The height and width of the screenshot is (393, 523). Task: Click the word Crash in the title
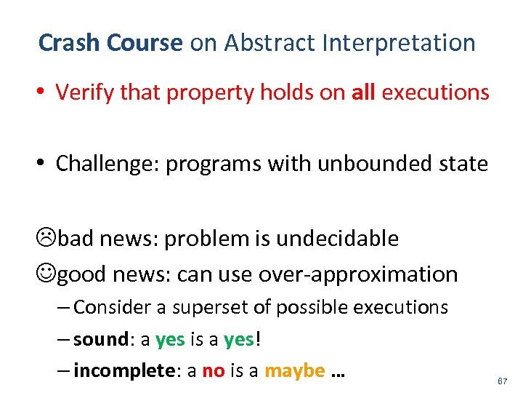69,43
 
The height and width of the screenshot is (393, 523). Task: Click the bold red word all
363,92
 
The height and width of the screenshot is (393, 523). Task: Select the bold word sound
98,339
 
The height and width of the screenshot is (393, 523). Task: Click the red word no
213,370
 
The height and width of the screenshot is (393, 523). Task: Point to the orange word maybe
294,370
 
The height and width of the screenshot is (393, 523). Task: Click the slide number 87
502,381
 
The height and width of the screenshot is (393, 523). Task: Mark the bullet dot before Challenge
44,164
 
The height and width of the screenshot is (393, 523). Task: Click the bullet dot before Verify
44,93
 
